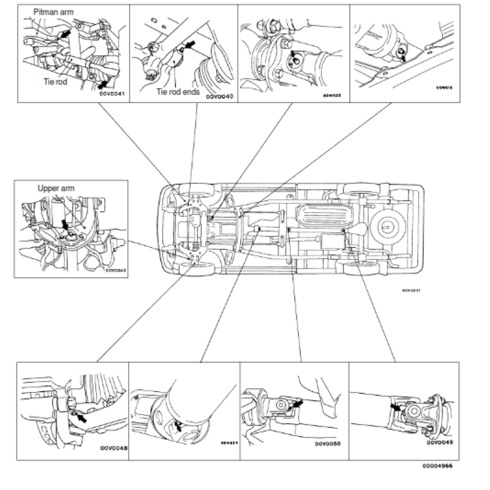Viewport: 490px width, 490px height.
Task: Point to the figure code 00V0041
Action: [111, 94]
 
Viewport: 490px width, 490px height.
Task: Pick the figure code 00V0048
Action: [113, 448]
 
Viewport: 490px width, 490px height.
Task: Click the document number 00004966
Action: [439, 467]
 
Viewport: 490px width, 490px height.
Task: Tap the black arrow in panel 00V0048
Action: [80, 420]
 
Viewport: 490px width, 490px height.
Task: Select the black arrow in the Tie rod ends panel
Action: [190, 45]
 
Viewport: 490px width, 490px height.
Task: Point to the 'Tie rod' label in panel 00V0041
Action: [56, 81]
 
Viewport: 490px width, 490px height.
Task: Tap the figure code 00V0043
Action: [115, 269]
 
